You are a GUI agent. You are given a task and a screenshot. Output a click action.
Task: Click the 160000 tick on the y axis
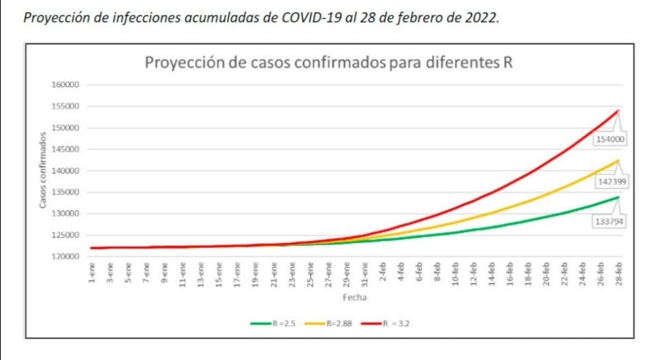coord(66,85)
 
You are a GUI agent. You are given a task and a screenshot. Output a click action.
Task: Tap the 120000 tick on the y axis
coord(66,257)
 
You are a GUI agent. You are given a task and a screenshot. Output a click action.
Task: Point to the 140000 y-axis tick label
coord(66,171)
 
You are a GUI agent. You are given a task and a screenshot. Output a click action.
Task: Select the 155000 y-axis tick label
coord(66,107)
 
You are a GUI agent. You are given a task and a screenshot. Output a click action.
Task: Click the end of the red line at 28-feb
coord(618,110)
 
